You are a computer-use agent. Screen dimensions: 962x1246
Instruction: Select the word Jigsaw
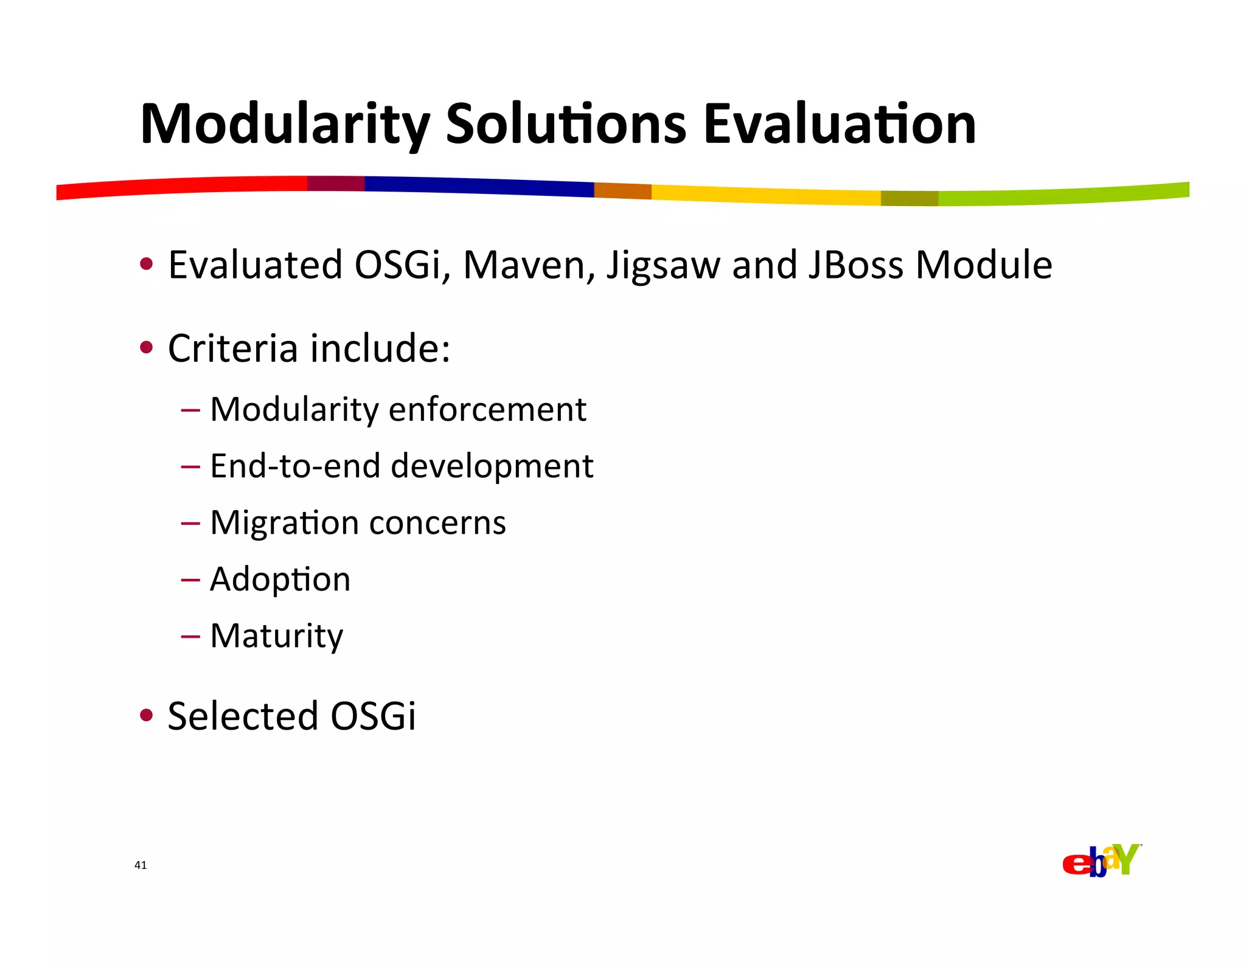[663, 266]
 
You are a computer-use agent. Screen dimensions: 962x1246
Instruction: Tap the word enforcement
[487, 409]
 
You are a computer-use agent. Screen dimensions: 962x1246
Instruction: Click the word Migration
[284, 523]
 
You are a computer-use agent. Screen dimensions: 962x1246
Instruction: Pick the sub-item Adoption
[280, 580]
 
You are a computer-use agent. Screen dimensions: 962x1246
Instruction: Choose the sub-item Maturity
[276, 636]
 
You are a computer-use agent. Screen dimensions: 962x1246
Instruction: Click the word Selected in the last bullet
[243, 716]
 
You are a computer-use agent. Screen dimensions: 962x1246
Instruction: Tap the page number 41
[141, 865]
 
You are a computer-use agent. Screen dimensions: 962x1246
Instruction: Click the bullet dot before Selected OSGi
[146, 715]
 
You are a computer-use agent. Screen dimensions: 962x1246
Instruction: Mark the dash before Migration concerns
[190, 523]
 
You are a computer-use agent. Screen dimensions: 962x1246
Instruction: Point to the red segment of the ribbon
[183, 186]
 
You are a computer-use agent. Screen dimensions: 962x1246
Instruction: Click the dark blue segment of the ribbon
[481, 186]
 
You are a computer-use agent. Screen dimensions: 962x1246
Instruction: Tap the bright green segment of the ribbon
[1065, 195]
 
